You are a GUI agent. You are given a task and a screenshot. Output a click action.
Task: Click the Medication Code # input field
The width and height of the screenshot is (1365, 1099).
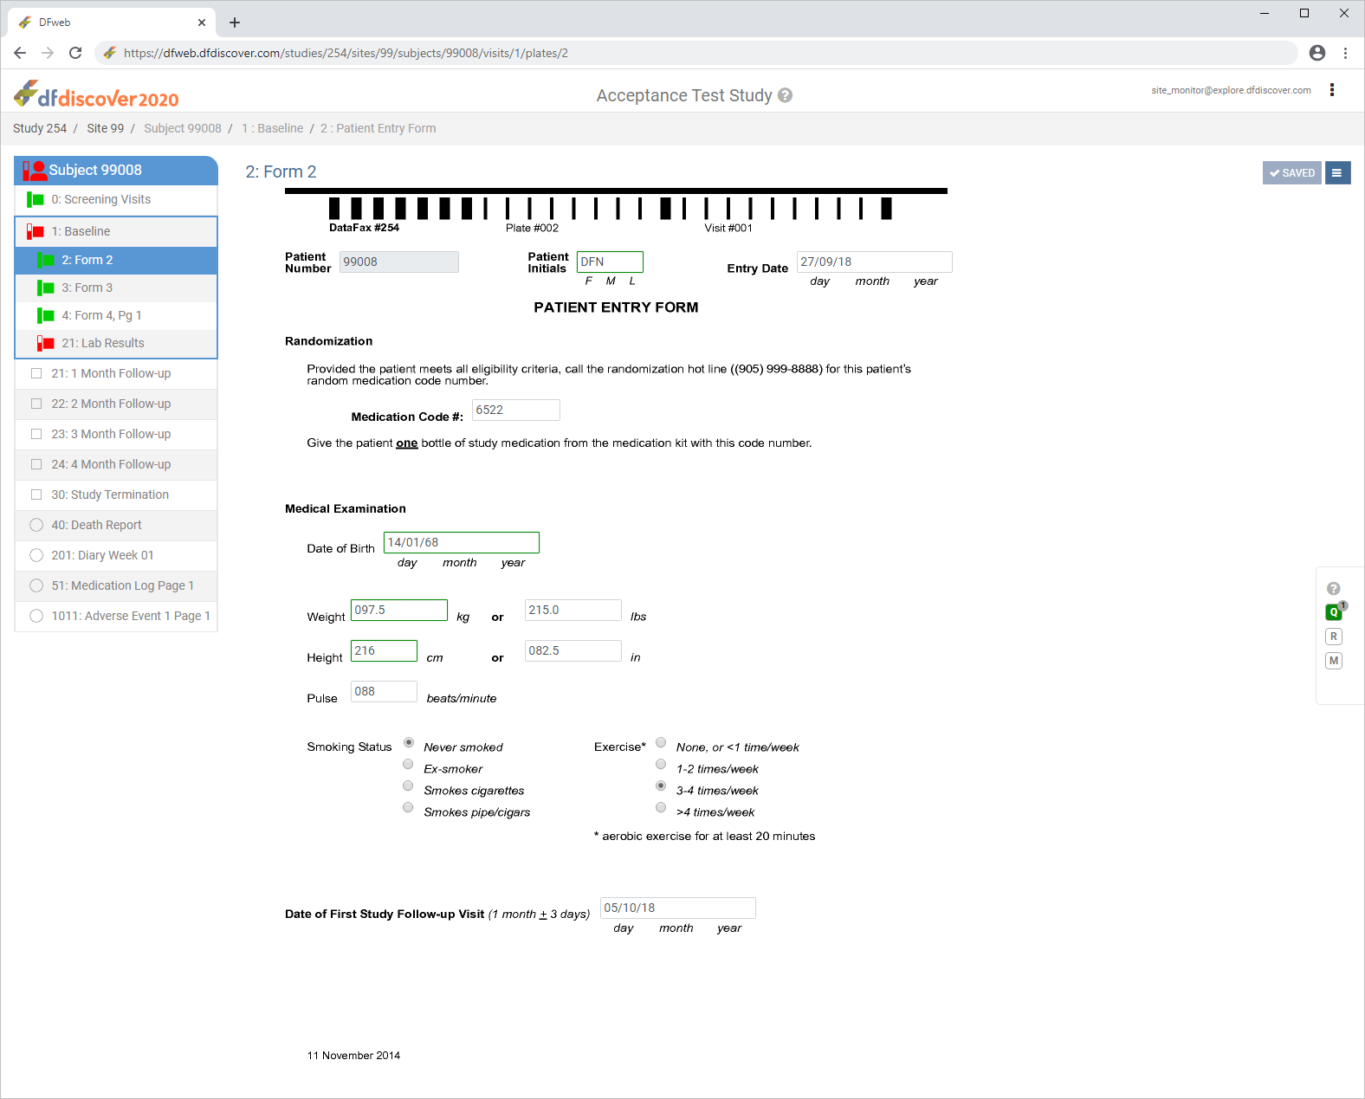click(x=515, y=410)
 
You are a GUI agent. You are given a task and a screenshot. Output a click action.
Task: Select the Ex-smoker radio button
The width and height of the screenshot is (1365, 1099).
click(x=408, y=764)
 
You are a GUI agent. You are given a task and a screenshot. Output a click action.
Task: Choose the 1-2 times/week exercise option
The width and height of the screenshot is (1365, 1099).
click(x=661, y=764)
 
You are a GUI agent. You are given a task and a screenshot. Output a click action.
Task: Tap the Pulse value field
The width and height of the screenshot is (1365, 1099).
click(x=384, y=691)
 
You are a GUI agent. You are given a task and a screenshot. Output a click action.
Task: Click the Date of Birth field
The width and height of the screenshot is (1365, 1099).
click(x=461, y=542)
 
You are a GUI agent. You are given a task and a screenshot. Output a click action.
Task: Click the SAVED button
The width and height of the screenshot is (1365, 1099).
click(x=1291, y=173)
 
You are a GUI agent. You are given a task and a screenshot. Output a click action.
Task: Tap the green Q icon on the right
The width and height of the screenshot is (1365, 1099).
click(x=1333, y=612)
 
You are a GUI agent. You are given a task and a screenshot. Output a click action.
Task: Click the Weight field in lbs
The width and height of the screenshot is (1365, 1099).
click(x=573, y=610)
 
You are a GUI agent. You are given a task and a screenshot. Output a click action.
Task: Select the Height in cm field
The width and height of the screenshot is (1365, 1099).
click(x=384, y=650)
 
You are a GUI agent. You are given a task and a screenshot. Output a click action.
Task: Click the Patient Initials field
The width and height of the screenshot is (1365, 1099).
click(x=610, y=262)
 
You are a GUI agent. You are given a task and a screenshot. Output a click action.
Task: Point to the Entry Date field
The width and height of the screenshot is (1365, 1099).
click(x=874, y=262)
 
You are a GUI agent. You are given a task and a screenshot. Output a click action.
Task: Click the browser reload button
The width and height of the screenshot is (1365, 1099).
click(x=75, y=54)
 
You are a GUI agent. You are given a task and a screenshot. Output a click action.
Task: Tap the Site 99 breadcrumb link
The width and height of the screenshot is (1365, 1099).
click(x=106, y=128)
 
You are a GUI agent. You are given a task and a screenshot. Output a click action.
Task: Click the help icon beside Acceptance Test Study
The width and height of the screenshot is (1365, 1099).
click(x=786, y=95)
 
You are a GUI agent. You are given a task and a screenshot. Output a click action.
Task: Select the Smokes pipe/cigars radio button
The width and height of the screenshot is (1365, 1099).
click(x=408, y=807)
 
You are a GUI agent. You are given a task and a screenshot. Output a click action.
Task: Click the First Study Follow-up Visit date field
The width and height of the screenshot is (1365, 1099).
click(x=677, y=908)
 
